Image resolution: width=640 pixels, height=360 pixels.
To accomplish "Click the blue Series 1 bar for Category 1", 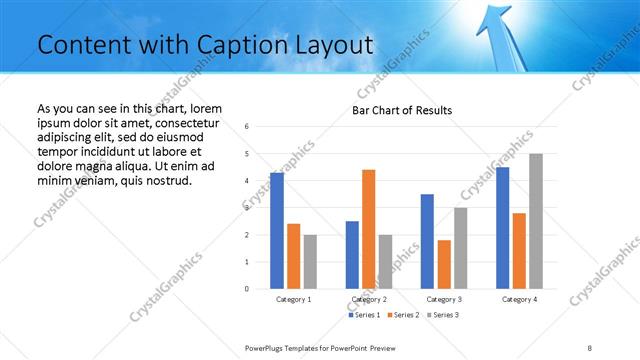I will click(277, 231).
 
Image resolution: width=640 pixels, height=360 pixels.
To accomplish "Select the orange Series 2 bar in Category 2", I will click(368, 229).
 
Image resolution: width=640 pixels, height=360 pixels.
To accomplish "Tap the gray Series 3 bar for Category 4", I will click(536, 221).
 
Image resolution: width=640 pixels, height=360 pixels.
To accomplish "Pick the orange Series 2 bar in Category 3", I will click(444, 264).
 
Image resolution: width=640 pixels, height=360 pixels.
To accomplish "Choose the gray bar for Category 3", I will click(460, 248).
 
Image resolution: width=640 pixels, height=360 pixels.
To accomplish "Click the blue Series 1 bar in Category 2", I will click(352, 255).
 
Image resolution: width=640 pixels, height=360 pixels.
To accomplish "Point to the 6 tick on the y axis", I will click(247, 126).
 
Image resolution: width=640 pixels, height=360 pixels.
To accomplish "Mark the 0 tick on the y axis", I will click(247, 289).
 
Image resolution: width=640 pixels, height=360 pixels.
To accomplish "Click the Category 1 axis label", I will click(293, 299).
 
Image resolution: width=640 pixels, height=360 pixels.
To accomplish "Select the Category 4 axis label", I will click(518, 299).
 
